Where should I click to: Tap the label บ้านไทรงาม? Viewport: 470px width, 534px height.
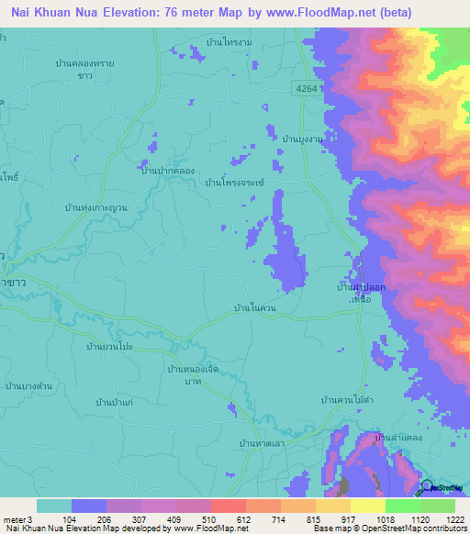click(229, 43)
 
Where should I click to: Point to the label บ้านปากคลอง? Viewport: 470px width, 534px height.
click(167, 171)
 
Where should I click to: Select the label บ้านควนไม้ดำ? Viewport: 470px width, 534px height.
click(346, 401)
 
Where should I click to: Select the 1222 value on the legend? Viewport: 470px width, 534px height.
click(454, 518)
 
